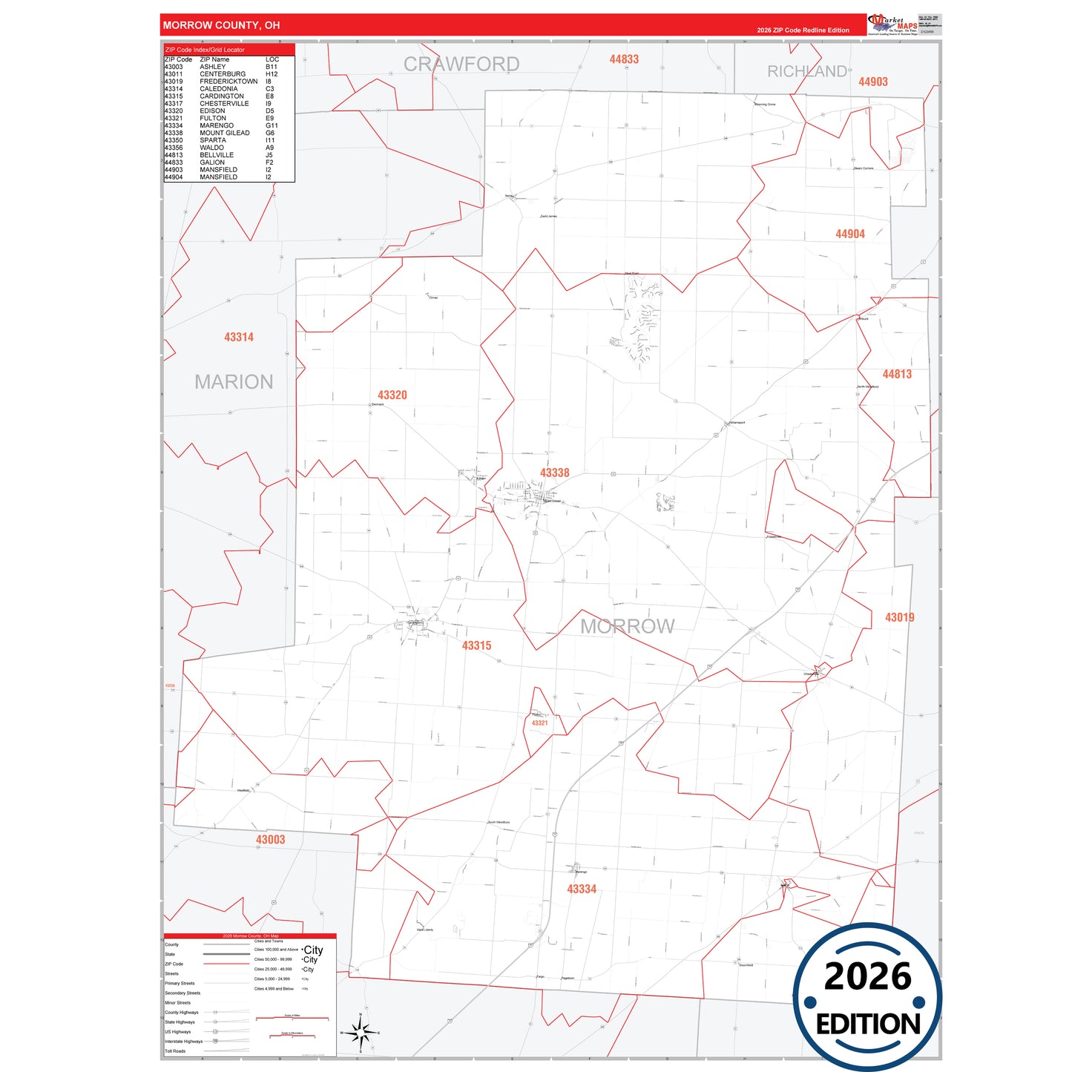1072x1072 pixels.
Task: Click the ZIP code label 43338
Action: pos(554,473)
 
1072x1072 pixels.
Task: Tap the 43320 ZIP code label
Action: pos(392,395)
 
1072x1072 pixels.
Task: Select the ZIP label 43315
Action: pos(476,645)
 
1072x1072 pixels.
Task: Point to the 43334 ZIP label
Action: pos(582,889)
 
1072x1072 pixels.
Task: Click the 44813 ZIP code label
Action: pos(897,374)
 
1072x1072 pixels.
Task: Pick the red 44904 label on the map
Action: pos(849,234)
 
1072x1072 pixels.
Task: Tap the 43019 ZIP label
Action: pos(899,617)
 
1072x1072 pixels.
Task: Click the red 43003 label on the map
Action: pos(270,840)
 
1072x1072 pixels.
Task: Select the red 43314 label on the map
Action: pos(239,337)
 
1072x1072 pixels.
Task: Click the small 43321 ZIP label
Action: pos(539,723)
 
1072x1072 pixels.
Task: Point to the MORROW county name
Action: pos(627,627)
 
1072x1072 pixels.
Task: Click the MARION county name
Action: pos(234,382)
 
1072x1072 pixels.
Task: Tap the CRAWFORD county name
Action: pos(461,65)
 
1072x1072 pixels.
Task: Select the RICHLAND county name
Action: pos(807,71)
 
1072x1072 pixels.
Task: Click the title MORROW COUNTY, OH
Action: pos(221,25)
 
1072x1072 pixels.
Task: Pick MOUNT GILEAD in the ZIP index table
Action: pos(225,133)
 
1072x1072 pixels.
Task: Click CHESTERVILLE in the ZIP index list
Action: pos(224,104)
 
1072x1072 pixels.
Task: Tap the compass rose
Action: pos(360,1032)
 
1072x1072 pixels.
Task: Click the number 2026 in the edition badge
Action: pos(867,976)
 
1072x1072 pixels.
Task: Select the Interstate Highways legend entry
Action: pos(183,1042)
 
